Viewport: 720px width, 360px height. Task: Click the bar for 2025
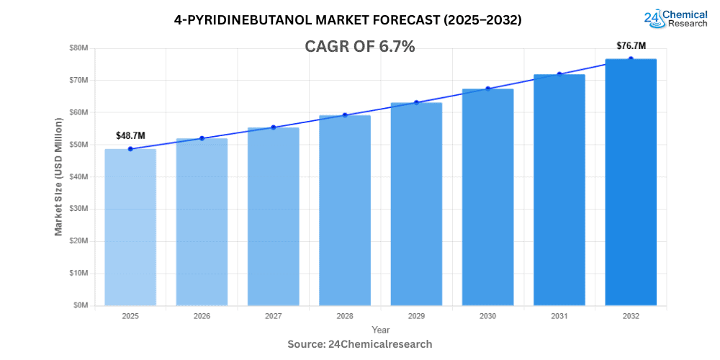click(x=130, y=227)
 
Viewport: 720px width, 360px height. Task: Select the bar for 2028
click(x=345, y=210)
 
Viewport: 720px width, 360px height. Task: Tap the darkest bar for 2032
click(x=631, y=181)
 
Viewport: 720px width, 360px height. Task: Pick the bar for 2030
click(x=487, y=197)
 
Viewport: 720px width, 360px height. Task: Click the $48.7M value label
click(x=130, y=135)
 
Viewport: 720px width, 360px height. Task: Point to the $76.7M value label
click(x=631, y=45)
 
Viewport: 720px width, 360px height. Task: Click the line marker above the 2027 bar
click(x=274, y=127)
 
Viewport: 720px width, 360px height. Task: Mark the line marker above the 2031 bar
click(x=559, y=74)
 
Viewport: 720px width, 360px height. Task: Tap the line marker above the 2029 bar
click(x=416, y=102)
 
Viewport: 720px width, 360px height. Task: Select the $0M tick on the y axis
click(x=80, y=305)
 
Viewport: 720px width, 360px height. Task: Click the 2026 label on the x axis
click(x=202, y=316)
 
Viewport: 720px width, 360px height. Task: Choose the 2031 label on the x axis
click(x=559, y=316)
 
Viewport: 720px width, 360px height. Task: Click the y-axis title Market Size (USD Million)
click(x=58, y=176)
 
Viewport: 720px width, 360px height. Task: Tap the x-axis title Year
click(x=380, y=329)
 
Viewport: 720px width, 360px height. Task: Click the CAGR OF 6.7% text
click(x=361, y=47)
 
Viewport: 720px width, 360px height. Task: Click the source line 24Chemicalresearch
click(x=360, y=344)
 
